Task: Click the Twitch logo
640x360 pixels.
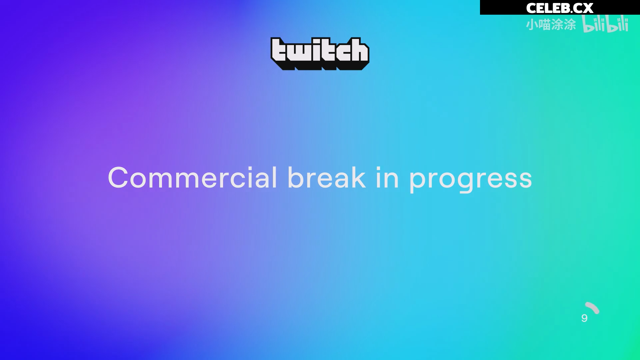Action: coord(320,53)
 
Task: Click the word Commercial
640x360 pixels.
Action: coord(192,178)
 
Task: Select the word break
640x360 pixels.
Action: coord(326,177)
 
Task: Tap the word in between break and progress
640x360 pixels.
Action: coord(387,178)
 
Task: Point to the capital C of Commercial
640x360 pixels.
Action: coord(118,178)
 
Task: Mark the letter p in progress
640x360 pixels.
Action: coord(419,182)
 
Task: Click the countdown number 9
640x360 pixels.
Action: coord(584,318)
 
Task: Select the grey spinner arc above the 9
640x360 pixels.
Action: coord(593,308)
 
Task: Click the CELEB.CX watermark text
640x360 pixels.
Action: coord(560,8)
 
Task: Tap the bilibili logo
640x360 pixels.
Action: coord(605,24)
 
